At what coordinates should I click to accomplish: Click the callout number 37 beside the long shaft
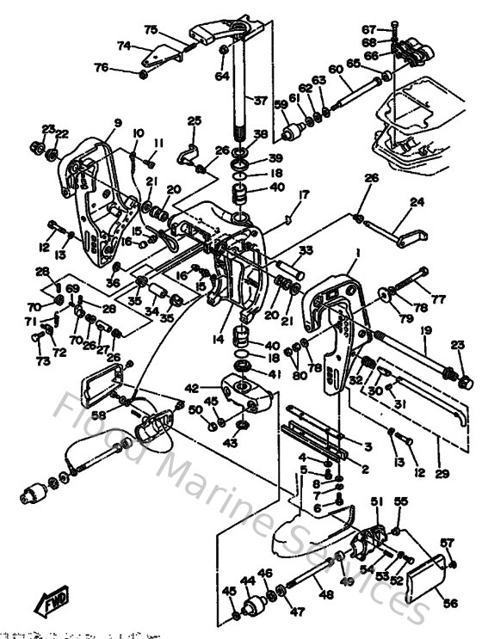point(260,101)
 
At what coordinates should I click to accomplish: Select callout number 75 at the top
point(151,29)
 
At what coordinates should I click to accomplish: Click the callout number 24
point(417,204)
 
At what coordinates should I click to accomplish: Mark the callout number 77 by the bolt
point(439,300)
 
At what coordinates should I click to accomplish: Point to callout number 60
point(336,70)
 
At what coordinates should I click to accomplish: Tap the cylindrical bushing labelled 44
point(252,605)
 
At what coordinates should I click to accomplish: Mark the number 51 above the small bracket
point(375,501)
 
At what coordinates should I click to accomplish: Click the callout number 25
point(194,120)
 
